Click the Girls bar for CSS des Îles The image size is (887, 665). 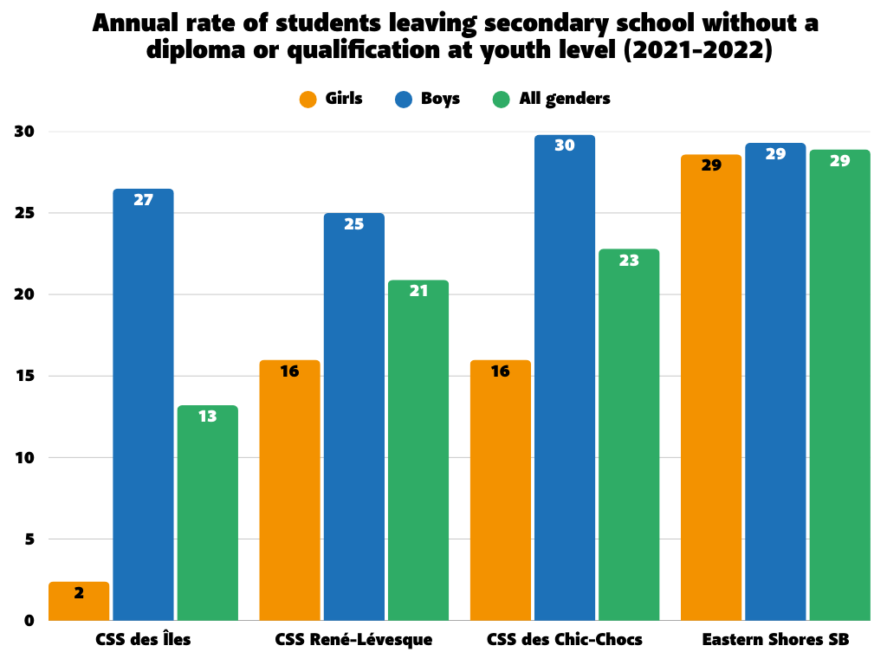[x=79, y=602]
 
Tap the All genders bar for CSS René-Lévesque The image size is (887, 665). [x=418, y=450]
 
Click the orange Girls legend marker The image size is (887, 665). [x=308, y=100]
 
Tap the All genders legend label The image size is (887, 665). [x=565, y=99]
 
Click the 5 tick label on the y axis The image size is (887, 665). [x=28, y=539]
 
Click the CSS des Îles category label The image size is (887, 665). [x=143, y=641]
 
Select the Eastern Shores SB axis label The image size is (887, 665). [x=775, y=641]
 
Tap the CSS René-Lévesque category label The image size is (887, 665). [x=353, y=641]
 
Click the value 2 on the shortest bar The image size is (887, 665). [x=79, y=593]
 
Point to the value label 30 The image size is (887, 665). [x=565, y=145]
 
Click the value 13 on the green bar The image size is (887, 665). [x=208, y=416]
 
